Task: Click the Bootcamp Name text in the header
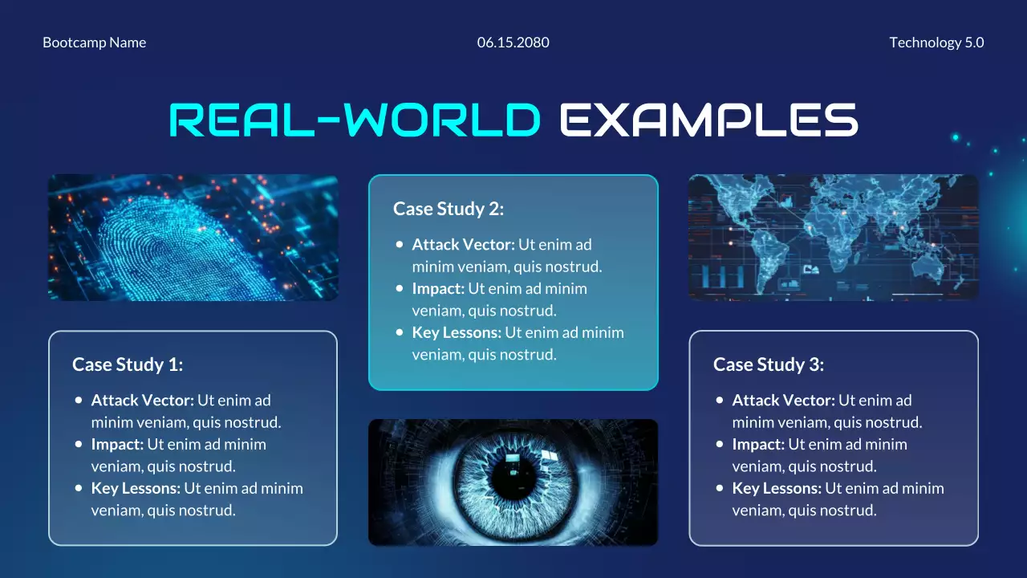pos(94,43)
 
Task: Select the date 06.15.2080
pos(513,43)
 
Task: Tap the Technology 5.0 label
pos(936,43)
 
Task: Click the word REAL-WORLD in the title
pos(355,120)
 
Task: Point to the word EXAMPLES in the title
pos(708,120)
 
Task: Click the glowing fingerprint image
pos(193,238)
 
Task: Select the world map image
pos(834,238)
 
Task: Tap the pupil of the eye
pos(513,479)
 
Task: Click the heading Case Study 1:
pos(128,364)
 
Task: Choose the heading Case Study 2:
pos(449,210)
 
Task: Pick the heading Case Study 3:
pos(769,364)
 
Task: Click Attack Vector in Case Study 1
pos(142,401)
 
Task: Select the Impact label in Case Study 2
pos(438,289)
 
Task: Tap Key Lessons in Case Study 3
pos(776,488)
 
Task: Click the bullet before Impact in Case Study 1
pos(79,444)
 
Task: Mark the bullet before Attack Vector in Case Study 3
pos(720,400)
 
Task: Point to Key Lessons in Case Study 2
pos(456,333)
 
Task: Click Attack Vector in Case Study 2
pos(463,245)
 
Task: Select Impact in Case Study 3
pos(758,444)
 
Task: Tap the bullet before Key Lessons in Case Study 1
pos(79,487)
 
